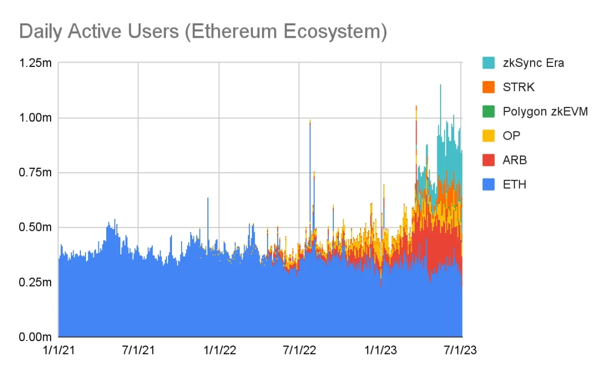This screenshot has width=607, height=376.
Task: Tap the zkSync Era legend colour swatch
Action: tap(488, 62)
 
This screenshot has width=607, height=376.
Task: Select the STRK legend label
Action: tap(519, 87)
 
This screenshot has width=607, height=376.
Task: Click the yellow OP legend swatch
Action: tap(488, 136)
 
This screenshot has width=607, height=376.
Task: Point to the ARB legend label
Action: tap(515, 160)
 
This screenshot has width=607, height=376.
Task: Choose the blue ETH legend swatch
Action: tap(488, 184)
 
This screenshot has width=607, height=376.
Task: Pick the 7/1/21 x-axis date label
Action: tap(138, 351)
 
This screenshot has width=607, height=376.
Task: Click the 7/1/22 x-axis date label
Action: tap(299, 351)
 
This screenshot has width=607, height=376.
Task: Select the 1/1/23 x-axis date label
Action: tap(381, 351)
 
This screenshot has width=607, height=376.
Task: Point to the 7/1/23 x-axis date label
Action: tap(460, 351)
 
